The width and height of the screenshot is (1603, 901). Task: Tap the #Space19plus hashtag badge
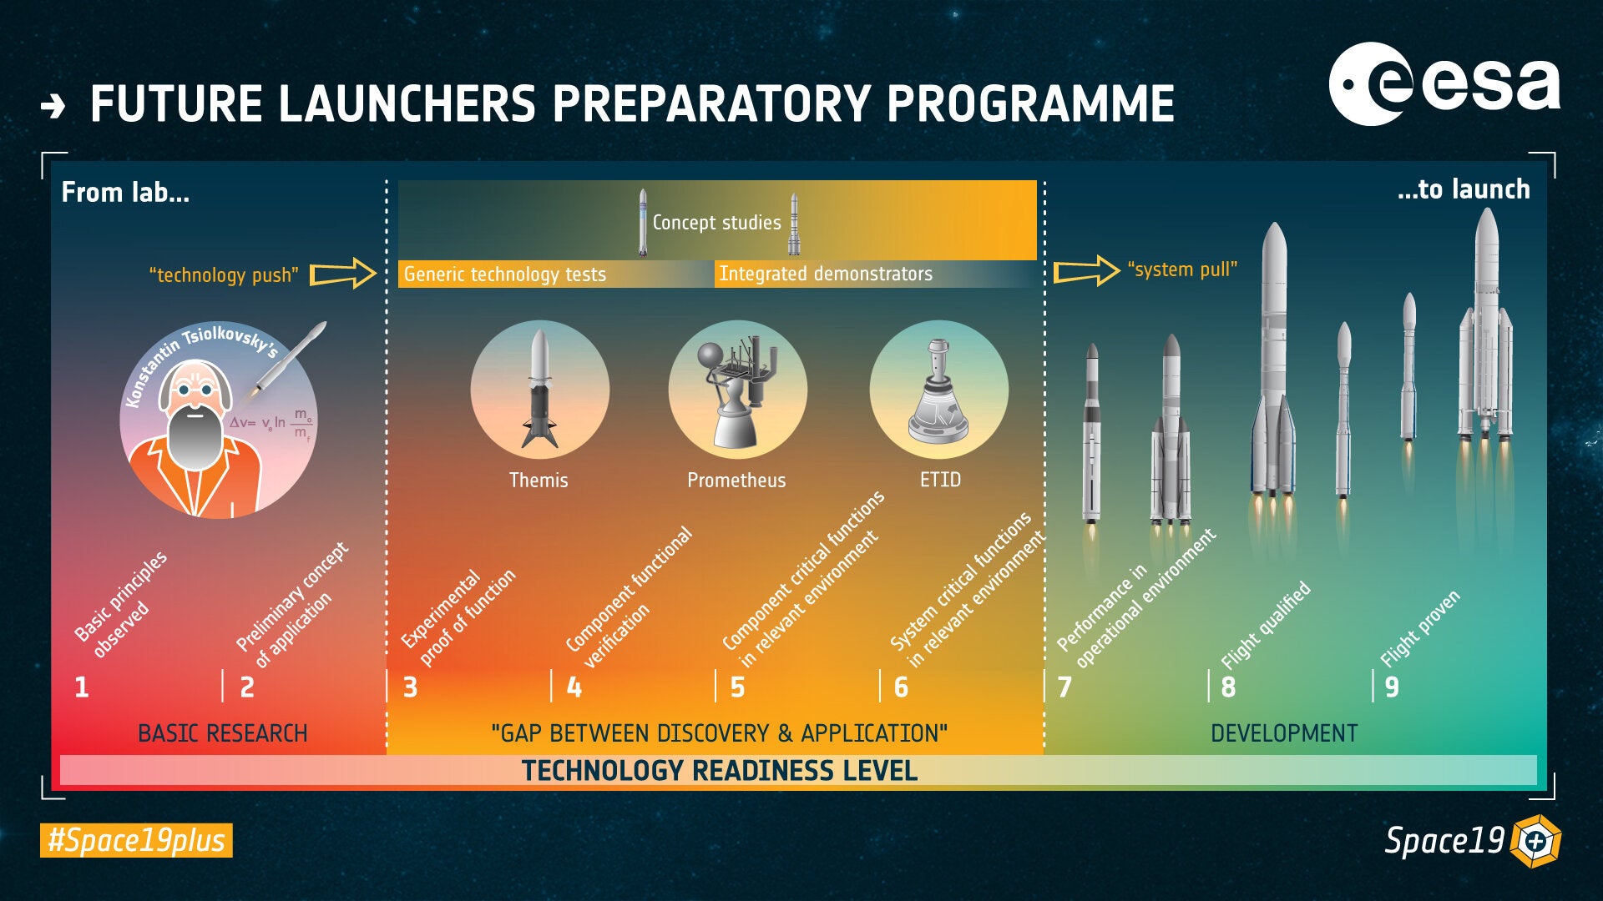pyautogui.click(x=136, y=840)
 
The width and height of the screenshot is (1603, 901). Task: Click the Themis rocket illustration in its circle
pyautogui.click(x=539, y=389)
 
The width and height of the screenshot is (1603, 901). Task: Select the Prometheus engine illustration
pyautogui.click(x=737, y=389)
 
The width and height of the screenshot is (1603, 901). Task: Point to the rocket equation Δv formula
pyautogui.click(x=271, y=423)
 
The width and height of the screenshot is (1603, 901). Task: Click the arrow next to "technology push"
pyautogui.click(x=343, y=274)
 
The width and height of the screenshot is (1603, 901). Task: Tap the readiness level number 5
pyautogui.click(x=737, y=687)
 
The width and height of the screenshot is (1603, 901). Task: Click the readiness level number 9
pyautogui.click(x=1391, y=687)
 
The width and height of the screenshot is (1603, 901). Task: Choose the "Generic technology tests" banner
pyautogui.click(x=504, y=274)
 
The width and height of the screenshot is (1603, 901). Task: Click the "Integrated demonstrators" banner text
pyautogui.click(x=825, y=274)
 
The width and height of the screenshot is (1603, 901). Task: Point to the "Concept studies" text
pyautogui.click(x=716, y=223)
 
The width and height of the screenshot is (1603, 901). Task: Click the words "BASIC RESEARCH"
pyautogui.click(x=222, y=733)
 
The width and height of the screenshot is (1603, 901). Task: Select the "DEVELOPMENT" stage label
pyautogui.click(x=1283, y=733)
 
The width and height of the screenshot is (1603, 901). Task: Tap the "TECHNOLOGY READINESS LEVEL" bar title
pyautogui.click(x=719, y=771)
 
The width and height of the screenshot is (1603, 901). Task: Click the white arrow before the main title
pyautogui.click(x=53, y=106)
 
